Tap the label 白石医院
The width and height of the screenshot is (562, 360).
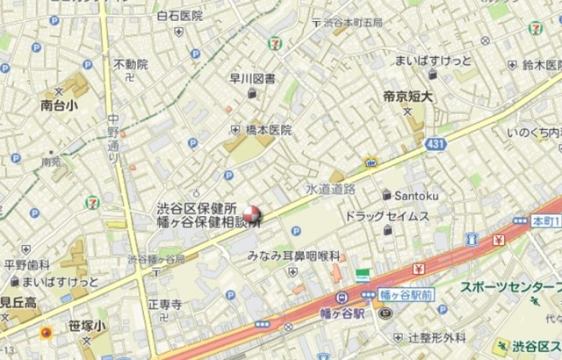(x=179, y=16)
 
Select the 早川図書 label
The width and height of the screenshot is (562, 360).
(x=252, y=78)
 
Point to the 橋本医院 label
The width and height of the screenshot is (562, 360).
(x=268, y=130)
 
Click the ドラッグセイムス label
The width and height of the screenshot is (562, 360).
(x=386, y=216)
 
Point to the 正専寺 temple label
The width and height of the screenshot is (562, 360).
(x=164, y=305)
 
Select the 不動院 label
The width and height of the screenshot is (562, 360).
(x=130, y=64)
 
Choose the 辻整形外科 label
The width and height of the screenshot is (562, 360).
(x=436, y=337)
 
